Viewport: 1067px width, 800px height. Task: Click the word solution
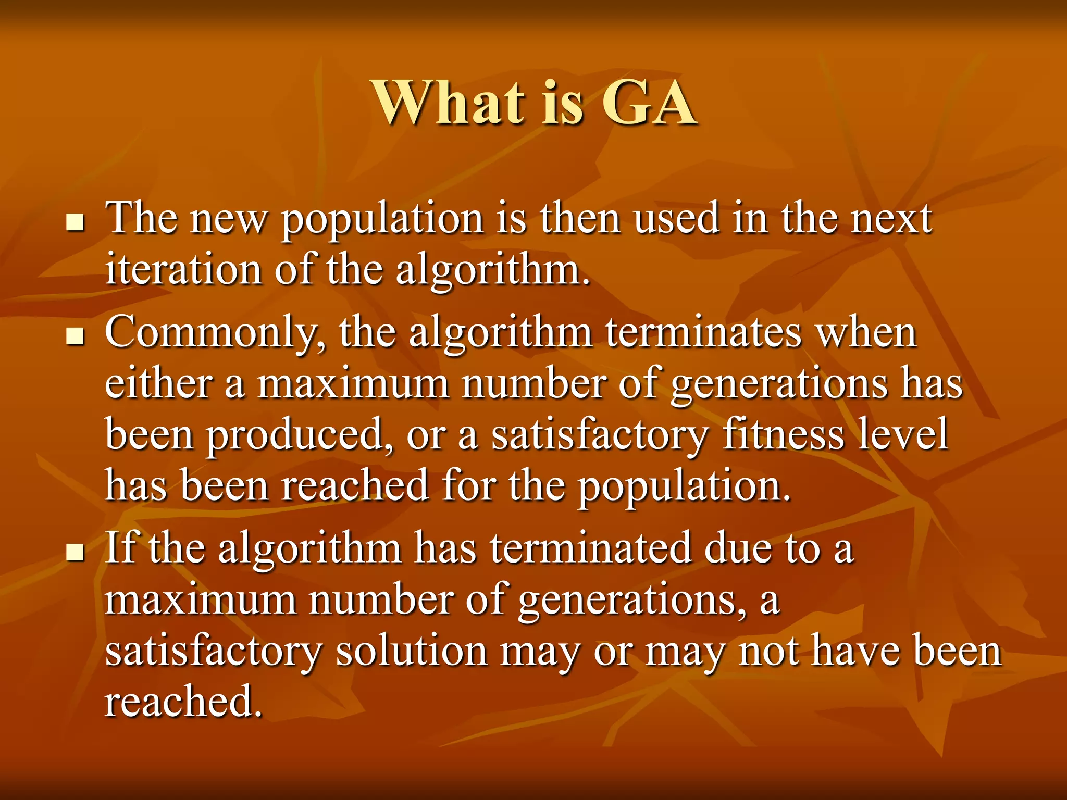[x=412, y=651]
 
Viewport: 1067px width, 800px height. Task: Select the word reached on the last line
[x=182, y=701]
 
